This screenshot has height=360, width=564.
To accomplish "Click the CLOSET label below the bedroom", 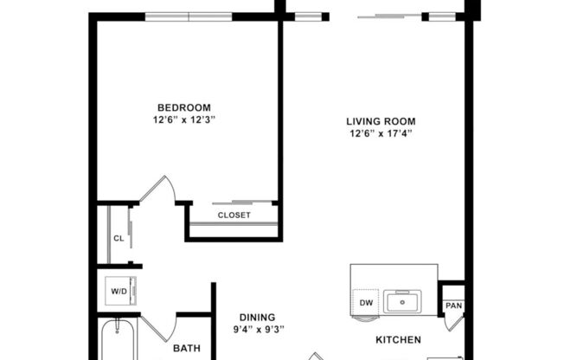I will point(234,215).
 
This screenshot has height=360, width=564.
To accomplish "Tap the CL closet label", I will point(118,238).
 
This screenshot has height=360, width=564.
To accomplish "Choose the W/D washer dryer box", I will point(119,291).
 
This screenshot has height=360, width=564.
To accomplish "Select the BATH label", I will point(186,349).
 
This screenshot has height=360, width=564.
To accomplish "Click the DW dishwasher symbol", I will point(367,302).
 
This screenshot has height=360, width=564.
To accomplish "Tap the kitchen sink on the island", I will point(403,302).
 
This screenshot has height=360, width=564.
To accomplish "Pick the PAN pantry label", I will point(452,305).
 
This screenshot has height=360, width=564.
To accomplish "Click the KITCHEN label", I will point(397,340).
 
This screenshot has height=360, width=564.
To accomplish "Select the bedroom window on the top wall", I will point(189,16).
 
